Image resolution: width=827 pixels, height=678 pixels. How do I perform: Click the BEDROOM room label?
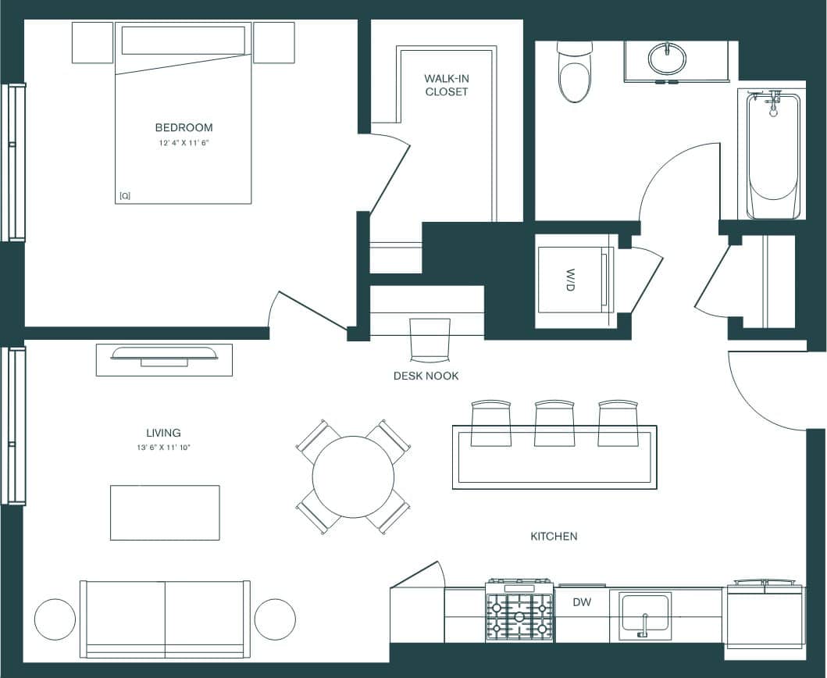point(184,127)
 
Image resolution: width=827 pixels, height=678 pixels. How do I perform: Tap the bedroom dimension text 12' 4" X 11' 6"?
point(184,144)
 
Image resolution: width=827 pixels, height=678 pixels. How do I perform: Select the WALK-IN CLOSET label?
point(447,85)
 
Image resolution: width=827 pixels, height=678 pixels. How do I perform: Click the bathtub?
point(773,156)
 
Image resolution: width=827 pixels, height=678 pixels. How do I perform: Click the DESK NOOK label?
point(426,376)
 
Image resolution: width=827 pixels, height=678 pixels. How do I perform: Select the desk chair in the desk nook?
point(430,340)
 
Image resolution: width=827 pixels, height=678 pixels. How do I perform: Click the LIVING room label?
point(163,433)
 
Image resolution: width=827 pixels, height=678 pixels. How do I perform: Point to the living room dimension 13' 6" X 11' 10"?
point(163,448)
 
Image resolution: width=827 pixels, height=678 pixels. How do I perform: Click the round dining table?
point(353,476)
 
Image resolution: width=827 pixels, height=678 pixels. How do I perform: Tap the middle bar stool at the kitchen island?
point(554,423)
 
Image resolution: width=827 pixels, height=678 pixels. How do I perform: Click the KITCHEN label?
point(554,536)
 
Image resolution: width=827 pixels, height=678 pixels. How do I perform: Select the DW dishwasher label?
point(582,602)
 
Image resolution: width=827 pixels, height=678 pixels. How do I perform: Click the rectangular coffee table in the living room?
point(165,512)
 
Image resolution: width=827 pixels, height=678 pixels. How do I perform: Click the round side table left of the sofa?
point(55,619)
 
